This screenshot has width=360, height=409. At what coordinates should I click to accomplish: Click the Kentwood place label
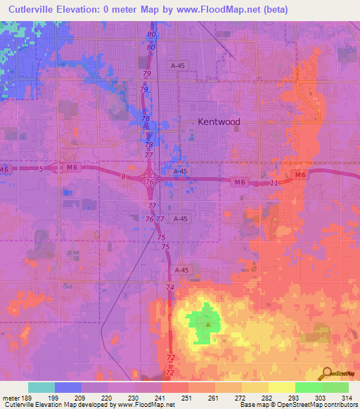[219, 122]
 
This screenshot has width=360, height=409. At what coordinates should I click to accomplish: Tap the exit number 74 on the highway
[169, 288]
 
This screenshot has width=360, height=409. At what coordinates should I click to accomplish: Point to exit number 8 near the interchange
[123, 177]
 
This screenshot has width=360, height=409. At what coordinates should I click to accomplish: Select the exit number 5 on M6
[41, 169]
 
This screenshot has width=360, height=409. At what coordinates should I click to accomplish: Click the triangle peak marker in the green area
[208, 324]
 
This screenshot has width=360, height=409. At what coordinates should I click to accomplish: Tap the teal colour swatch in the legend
[41, 387]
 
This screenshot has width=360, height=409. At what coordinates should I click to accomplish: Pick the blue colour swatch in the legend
[68, 387]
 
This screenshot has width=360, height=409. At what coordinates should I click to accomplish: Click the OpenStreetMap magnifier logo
[328, 373]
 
